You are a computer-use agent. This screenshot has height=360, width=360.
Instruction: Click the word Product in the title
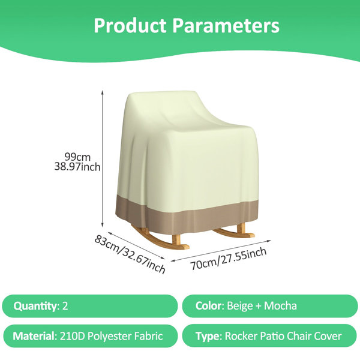click(130, 25)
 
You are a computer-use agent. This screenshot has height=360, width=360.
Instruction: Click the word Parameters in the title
click(226, 25)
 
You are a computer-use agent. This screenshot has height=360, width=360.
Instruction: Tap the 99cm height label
click(77, 157)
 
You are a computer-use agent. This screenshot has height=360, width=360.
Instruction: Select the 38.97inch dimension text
click(77, 167)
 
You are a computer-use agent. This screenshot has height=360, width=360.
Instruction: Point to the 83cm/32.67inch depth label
click(130, 254)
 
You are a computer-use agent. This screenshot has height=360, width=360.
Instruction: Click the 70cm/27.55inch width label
click(229, 259)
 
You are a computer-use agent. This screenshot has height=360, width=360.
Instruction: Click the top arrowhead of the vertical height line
click(103, 92)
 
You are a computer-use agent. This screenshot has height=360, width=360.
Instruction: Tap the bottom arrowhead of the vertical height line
click(103, 224)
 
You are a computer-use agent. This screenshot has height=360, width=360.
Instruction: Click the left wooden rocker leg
click(161, 239)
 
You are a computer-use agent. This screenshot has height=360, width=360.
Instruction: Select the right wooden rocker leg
click(235, 232)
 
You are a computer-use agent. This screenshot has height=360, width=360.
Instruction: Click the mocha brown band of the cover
click(187, 215)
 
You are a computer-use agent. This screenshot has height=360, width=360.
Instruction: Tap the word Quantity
click(35, 306)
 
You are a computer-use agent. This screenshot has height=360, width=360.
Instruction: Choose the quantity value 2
click(65, 306)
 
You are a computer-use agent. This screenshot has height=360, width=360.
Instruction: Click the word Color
click(209, 306)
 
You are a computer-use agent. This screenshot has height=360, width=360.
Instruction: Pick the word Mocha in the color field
click(280, 306)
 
